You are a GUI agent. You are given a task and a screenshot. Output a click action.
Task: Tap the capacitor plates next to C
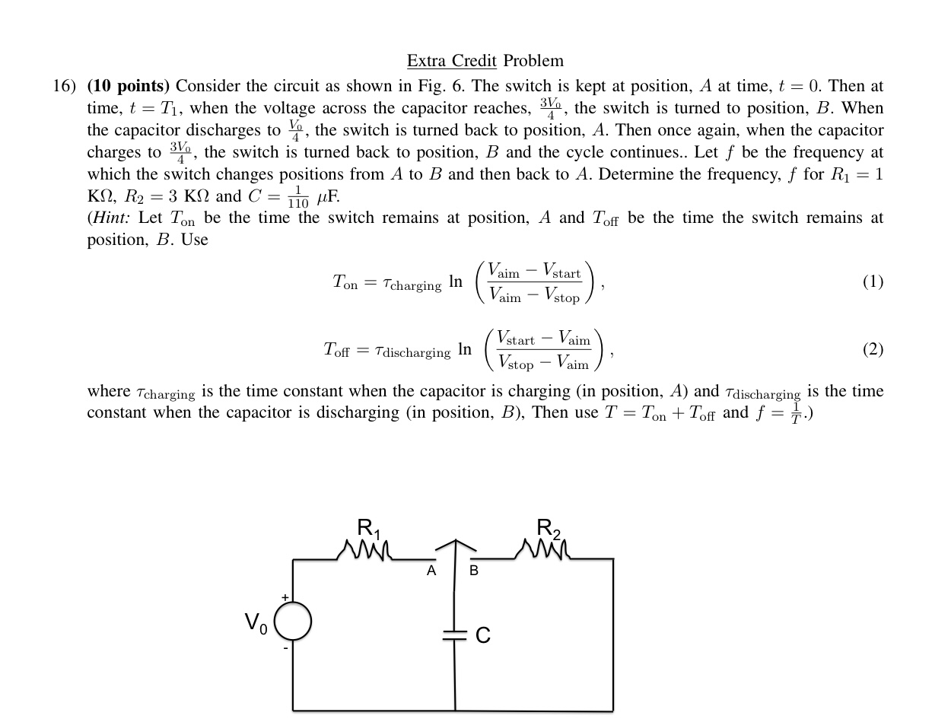455,635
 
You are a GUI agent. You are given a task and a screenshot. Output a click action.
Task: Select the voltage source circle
293,621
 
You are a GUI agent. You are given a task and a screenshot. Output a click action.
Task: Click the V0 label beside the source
256,624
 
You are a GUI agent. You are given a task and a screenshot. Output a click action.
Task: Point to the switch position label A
431,571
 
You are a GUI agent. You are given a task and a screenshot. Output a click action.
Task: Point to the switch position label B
474,571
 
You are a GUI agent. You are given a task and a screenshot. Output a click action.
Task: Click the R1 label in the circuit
368,526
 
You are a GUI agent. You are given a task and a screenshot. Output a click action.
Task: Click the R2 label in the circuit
548,526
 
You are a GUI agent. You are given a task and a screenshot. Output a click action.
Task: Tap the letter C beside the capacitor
483,635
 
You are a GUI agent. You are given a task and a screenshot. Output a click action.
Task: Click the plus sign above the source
285,598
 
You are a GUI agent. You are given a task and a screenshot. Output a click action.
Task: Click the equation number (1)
873,282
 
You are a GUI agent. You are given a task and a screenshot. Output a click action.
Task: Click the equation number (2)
873,349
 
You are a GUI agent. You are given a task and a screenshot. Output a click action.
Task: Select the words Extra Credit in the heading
452,61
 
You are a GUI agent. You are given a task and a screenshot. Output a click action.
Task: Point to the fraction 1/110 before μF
298,196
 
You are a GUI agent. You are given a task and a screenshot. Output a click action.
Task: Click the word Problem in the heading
533,61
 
